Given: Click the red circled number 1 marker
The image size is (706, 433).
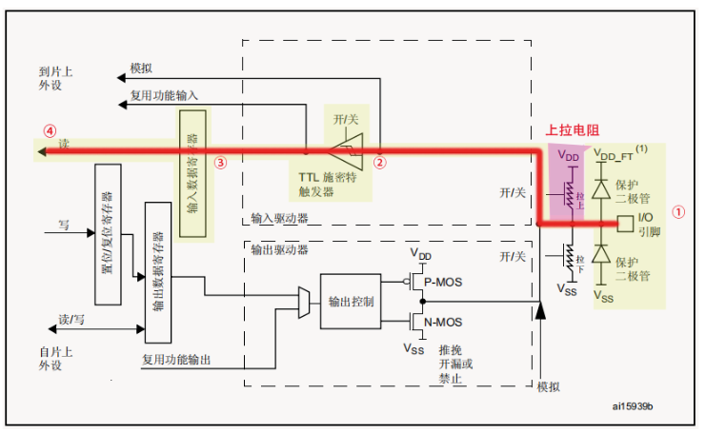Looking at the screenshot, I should [x=678, y=212].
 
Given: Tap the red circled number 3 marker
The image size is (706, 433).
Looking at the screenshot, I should [x=220, y=162].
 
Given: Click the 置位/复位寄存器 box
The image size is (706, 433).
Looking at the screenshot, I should [x=108, y=234].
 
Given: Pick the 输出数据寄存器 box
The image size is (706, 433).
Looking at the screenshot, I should [x=157, y=271].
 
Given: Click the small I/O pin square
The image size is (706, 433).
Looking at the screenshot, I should [x=625, y=225].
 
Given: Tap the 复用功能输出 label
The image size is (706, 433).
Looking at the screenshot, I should [x=176, y=359].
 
